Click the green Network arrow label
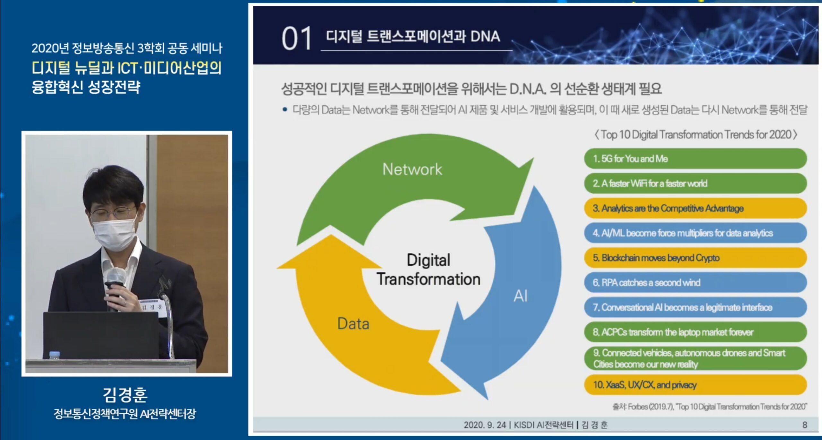412,169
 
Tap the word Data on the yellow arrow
353,323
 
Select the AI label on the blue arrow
520,295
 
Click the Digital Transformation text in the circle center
429,269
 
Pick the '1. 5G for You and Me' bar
695,158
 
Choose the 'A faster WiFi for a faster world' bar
695,183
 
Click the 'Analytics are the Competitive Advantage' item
695,208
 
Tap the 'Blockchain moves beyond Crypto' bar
695,258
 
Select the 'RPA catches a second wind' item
695,282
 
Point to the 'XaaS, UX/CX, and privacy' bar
695,384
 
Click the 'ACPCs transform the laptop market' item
695,332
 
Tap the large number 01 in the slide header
297,39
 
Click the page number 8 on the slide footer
805,425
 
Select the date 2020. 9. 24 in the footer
485,425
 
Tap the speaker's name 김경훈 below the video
125,395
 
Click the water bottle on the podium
55,355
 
